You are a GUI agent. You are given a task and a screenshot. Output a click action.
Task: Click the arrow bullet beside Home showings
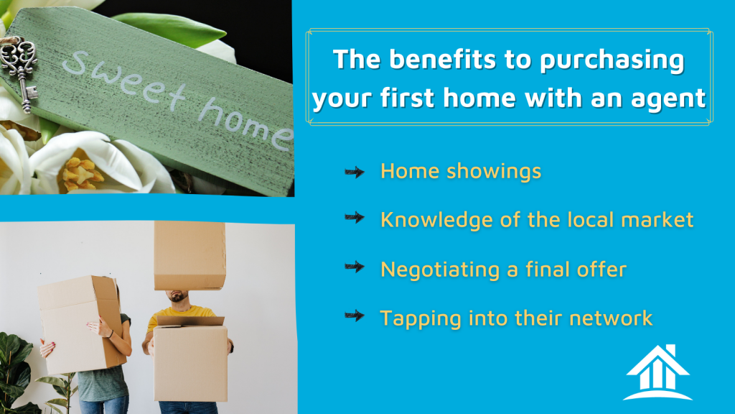pos(355,172)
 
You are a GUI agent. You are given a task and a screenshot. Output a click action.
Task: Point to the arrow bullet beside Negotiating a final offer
pos(355,267)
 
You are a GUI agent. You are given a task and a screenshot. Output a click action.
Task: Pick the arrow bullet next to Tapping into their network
pos(355,316)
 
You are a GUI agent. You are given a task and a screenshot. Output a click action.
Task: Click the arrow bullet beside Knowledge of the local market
pos(355,217)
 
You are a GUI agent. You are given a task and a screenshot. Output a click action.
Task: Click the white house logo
pos(657,373)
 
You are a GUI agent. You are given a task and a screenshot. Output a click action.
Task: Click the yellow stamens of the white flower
pos(83,174)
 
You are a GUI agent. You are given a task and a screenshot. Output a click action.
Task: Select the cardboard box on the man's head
pos(189,255)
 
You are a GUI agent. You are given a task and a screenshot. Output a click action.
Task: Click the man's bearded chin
pos(178,297)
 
